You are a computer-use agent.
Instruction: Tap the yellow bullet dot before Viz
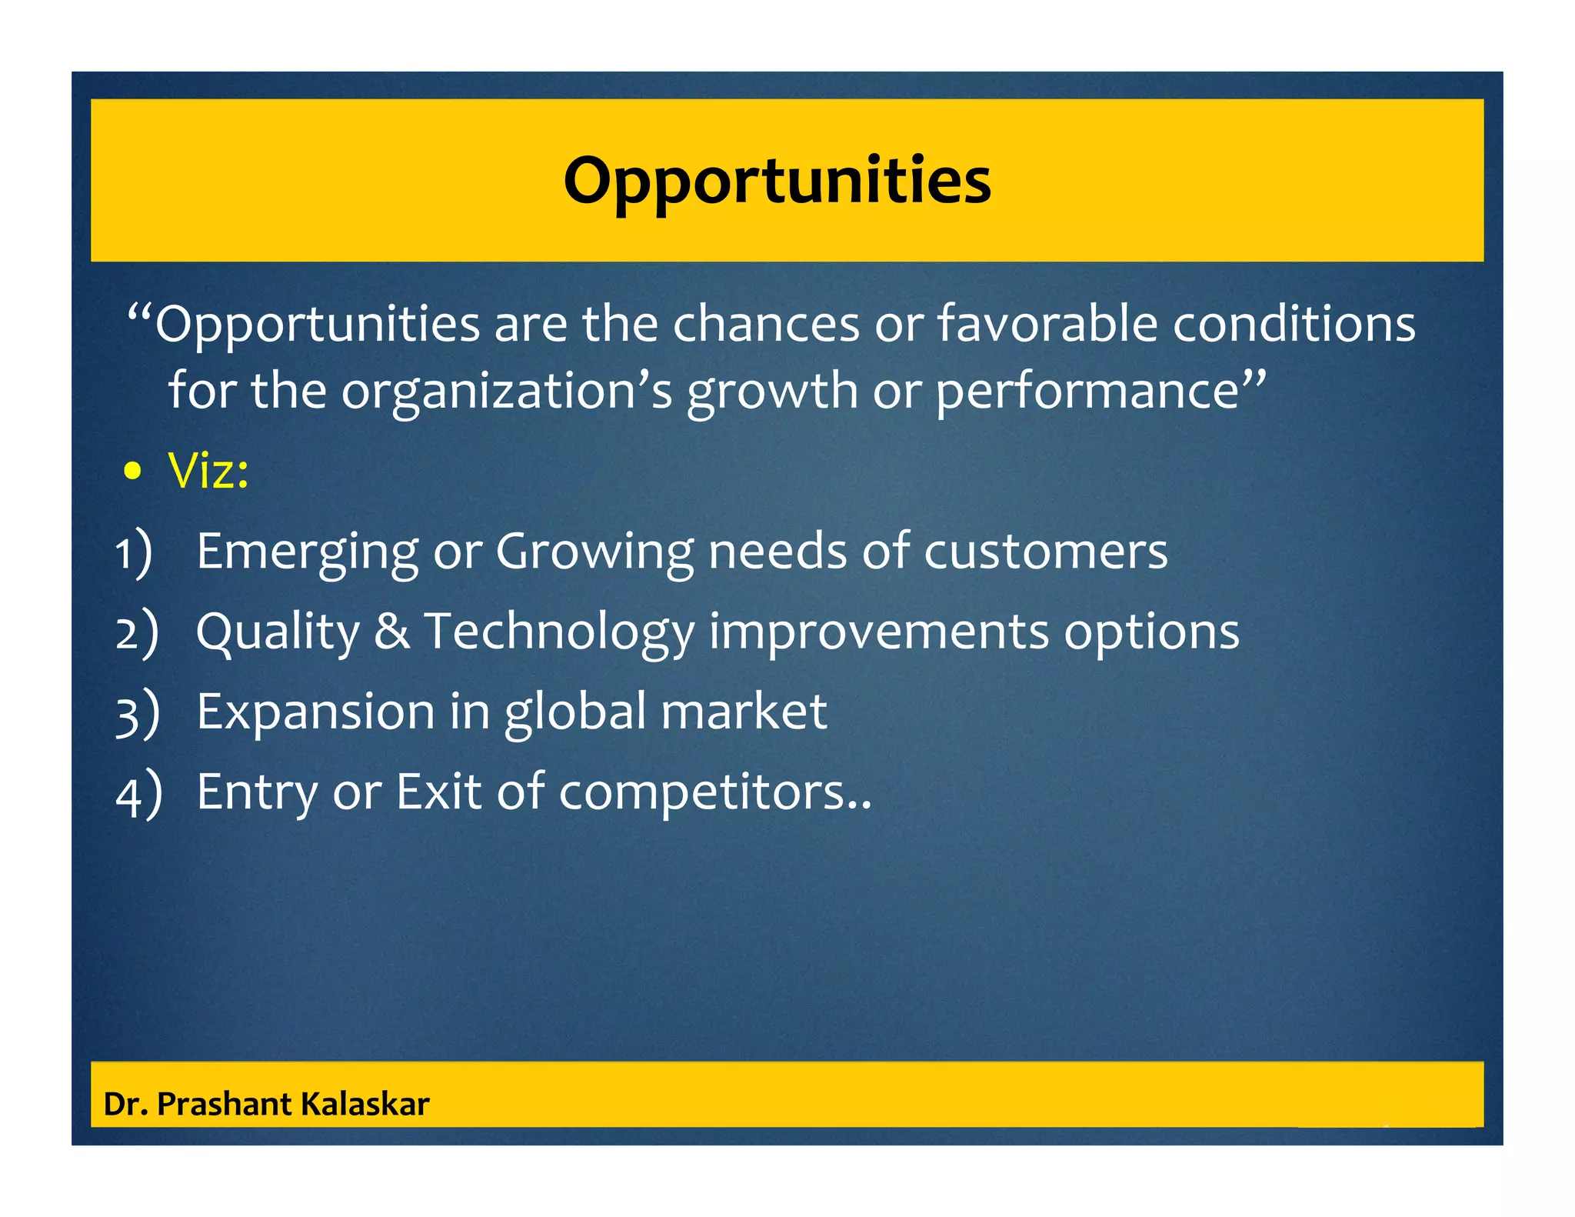133,472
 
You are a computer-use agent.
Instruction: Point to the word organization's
506,391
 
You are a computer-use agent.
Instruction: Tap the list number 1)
134,553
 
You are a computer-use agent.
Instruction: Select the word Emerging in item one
307,552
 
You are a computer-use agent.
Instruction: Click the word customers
1045,552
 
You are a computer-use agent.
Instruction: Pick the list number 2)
137,633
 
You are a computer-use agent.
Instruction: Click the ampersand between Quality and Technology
392,632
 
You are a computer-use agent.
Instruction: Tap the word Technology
559,633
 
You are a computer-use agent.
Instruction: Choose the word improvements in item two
878,633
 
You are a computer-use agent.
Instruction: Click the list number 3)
137,713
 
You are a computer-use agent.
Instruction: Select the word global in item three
575,712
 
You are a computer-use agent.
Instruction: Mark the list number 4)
138,793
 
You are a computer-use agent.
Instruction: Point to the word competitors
702,793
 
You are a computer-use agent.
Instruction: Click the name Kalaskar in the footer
365,1104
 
